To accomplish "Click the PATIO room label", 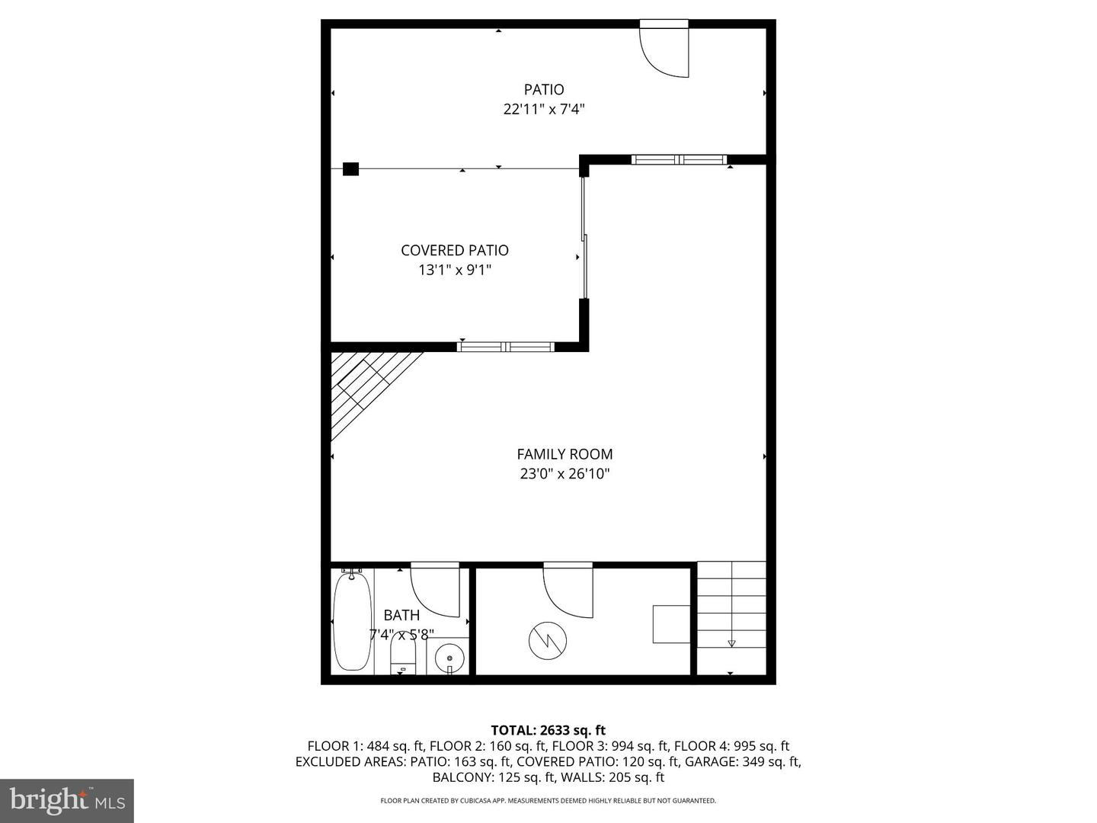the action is coord(544,89).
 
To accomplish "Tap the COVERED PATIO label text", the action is coord(455,251).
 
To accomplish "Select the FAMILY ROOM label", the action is coord(564,454).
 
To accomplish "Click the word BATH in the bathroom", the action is coord(401,615).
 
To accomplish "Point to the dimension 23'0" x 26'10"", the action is coord(564,474).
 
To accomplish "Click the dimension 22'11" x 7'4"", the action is coord(544,109).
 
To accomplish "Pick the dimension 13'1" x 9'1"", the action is coord(455,271).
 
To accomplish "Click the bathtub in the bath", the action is coord(353,621).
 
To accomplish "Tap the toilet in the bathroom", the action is coord(403,652).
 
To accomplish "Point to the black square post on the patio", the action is coord(351,169).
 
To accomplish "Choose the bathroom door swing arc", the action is coord(435,593).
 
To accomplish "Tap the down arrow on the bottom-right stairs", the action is coord(731,643).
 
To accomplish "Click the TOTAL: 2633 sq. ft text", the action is coord(548,730).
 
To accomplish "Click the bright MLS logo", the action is coord(67,800).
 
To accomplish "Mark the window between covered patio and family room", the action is coord(506,347).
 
